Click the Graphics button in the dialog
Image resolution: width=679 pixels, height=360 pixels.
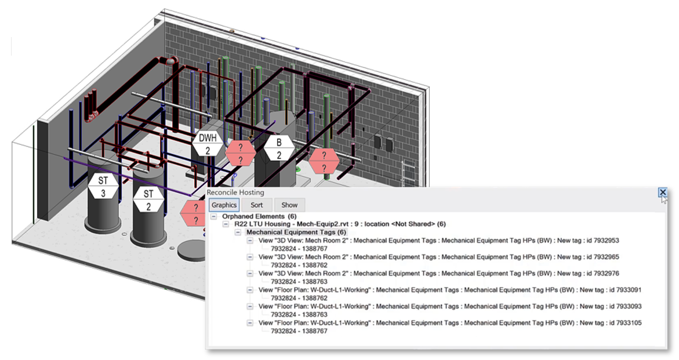(x=224, y=205)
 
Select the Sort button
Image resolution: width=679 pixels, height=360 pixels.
(x=256, y=205)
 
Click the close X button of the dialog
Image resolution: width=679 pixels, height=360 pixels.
(x=662, y=192)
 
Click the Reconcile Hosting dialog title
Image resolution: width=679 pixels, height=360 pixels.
(x=235, y=192)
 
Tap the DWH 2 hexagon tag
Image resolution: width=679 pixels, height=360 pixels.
(x=207, y=143)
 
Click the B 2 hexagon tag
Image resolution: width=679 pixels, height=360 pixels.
(x=279, y=148)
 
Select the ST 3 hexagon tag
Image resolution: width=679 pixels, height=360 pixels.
(x=103, y=187)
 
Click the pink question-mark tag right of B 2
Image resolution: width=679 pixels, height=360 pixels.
(x=324, y=161)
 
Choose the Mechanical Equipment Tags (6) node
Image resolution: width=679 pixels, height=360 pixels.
(x=296, y=232)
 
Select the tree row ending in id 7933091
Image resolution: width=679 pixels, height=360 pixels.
(x=449, y=289)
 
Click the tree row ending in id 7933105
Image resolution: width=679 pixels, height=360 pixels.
(x=449, y=322)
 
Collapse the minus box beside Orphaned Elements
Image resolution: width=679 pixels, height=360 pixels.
(x=213, y=216)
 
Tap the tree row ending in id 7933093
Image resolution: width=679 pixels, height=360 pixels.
(x=449, y=306)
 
